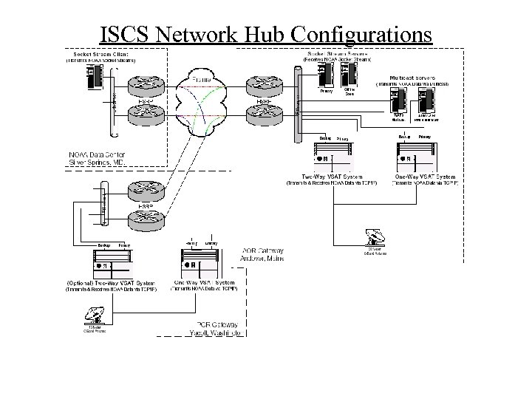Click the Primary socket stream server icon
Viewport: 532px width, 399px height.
(x=326, y=75)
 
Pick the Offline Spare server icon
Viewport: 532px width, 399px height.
(x=349, y=75)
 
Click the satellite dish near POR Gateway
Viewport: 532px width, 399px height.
(x=95, y=316)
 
